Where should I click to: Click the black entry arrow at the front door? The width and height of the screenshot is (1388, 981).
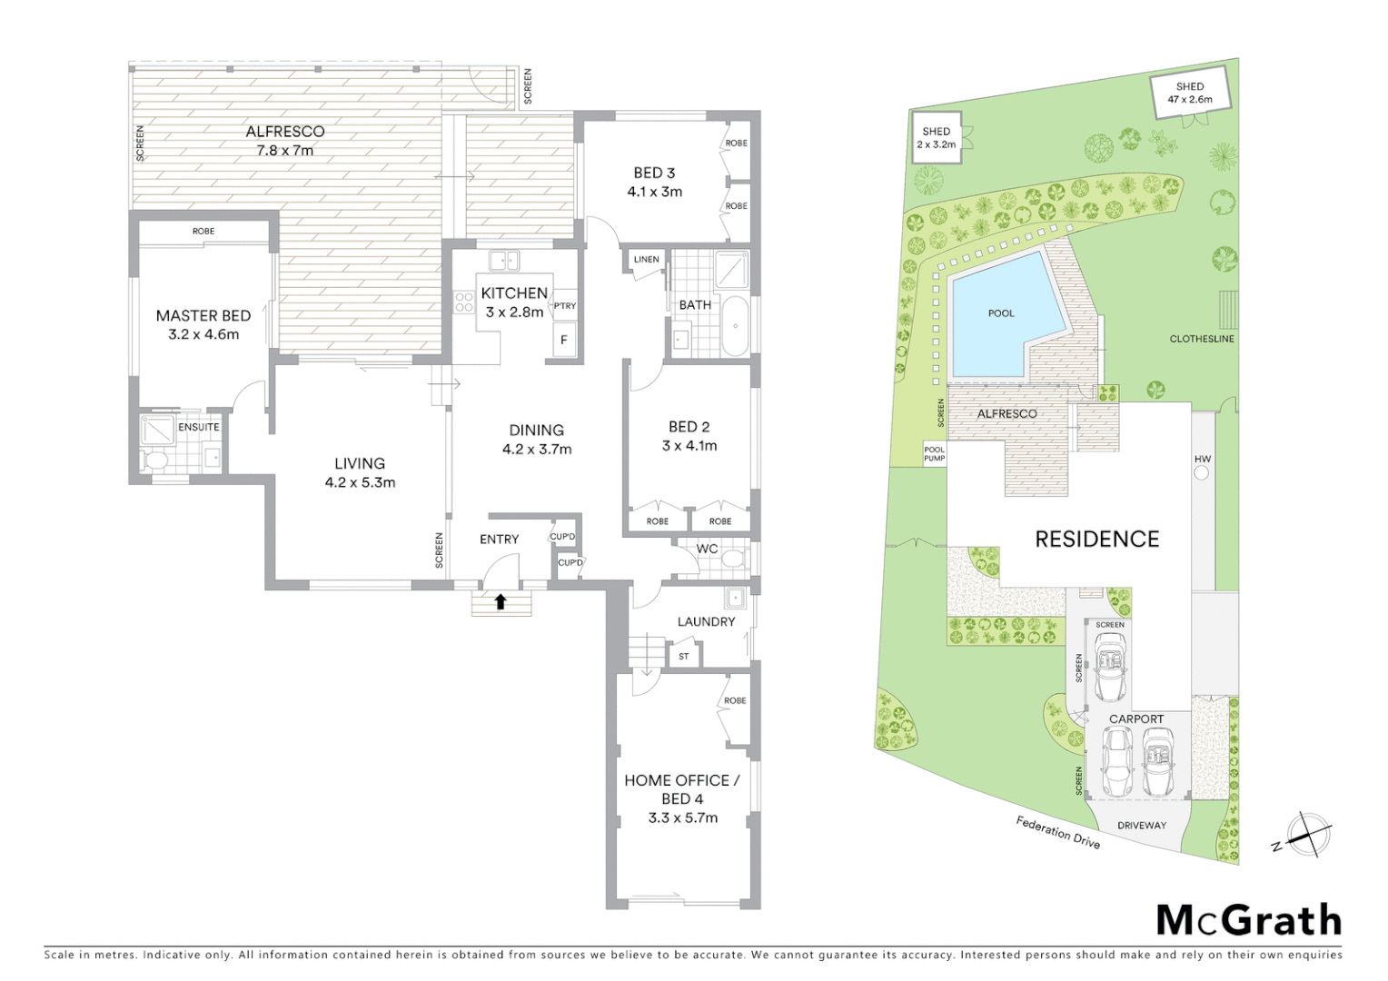pyautogui.click(x=501, y=600)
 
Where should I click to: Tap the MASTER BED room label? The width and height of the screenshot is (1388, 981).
pyautogui.click(x=203, y=316)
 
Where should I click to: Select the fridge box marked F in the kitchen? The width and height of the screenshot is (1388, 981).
pyautogui.click(x=564, y=341)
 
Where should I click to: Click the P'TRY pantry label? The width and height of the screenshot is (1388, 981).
pyautogui.click(x=564, y=306)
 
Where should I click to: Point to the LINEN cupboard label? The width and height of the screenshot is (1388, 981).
pyautogui.click(x=646, y=260)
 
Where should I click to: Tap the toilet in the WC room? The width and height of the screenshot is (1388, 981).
pyautogui.click(x=734, y=556)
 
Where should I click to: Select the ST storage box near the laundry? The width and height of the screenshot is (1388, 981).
pyautogui.click(x=684, y=656)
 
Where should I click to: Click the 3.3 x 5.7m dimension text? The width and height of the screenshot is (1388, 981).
pyautogui.click(x=682, y=817)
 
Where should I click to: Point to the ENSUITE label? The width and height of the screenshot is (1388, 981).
pyautogui.click(x=198, y=427)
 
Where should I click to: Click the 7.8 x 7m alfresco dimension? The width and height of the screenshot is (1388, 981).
pyautogui.click(x=284, y=151)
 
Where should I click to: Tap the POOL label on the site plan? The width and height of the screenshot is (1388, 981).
pyautogui.click(x=1000, y=313)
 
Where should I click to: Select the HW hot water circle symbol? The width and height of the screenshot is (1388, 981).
pyautogui.click(x=1202, y=472)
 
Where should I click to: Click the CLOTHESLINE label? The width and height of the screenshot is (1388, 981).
pyautogui.click(x=1201, y=339)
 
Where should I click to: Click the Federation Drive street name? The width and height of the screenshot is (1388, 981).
pyautogui.click(x=1057, y=833)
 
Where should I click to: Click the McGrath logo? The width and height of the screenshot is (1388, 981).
pyautogui.click(x=1248, y=920)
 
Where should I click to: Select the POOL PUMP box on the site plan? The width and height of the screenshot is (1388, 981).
pyautogui.click(x=934, y=454)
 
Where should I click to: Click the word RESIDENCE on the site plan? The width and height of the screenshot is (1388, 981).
pyautogui.click(x=1096, y=540)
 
